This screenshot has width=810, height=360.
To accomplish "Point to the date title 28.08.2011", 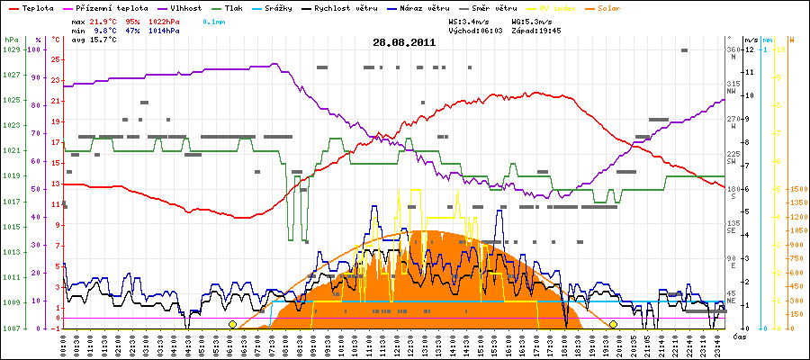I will [404, 41].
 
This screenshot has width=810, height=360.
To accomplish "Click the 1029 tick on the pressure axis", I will [11, 49].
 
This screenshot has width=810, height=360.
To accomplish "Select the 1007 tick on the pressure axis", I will [11, 328].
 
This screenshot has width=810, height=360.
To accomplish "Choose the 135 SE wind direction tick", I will [733, 227].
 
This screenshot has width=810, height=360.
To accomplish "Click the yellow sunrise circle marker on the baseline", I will [232, 324].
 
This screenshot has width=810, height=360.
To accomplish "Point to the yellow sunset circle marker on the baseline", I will [613, 324].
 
